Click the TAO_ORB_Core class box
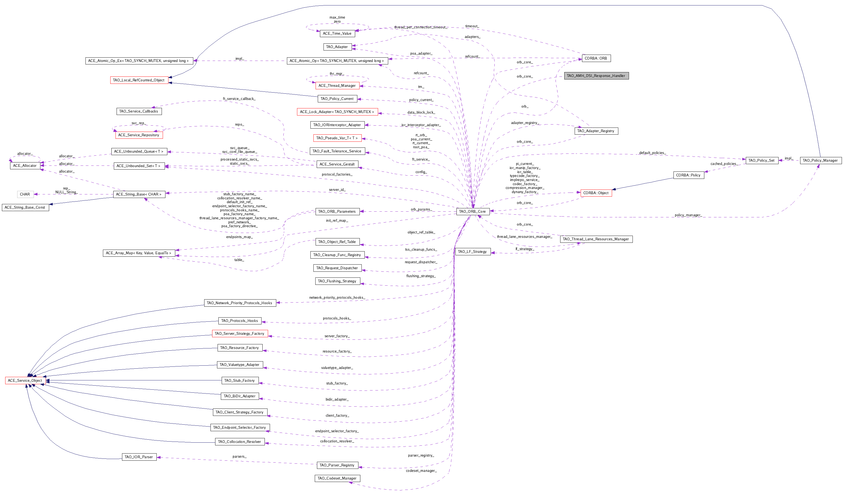pyautogui.click(x=473, y=212)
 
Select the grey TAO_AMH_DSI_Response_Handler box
pyautogui.click(x=596, y=76)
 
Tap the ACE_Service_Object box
pyautogui.click(x=25, y=380)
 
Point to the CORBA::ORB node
pyautogui.click(x=596, y=58)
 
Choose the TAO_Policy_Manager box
pyautogui.click(x=820, y=160)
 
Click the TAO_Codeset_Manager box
pyautogui.click(x=337, y=478)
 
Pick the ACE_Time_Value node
pyautogui.click(x=337, y=33)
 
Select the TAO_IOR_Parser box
pyautogui.click(x=139, y=457)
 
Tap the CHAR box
pyautogui.click(x=25, y=194)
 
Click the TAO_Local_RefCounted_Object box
pyautogui.click(x=139, y=80)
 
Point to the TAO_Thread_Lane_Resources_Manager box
pyautogui.click(x=596, y=239)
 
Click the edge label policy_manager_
pyautogui.click(x=688, y=215)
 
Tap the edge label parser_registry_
pyautogui.click(x=421, y=455)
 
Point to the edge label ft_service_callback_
pyautogui.click(x=239, y=99)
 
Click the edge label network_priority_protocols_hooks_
pyautogui.click(x=337, y=297)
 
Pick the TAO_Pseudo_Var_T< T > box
pyautogui.click(x=337, y=138)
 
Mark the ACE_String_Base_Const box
pyautogui.click(x=25, y=208)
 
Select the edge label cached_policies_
pyautogui.click(x=723, y=164)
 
